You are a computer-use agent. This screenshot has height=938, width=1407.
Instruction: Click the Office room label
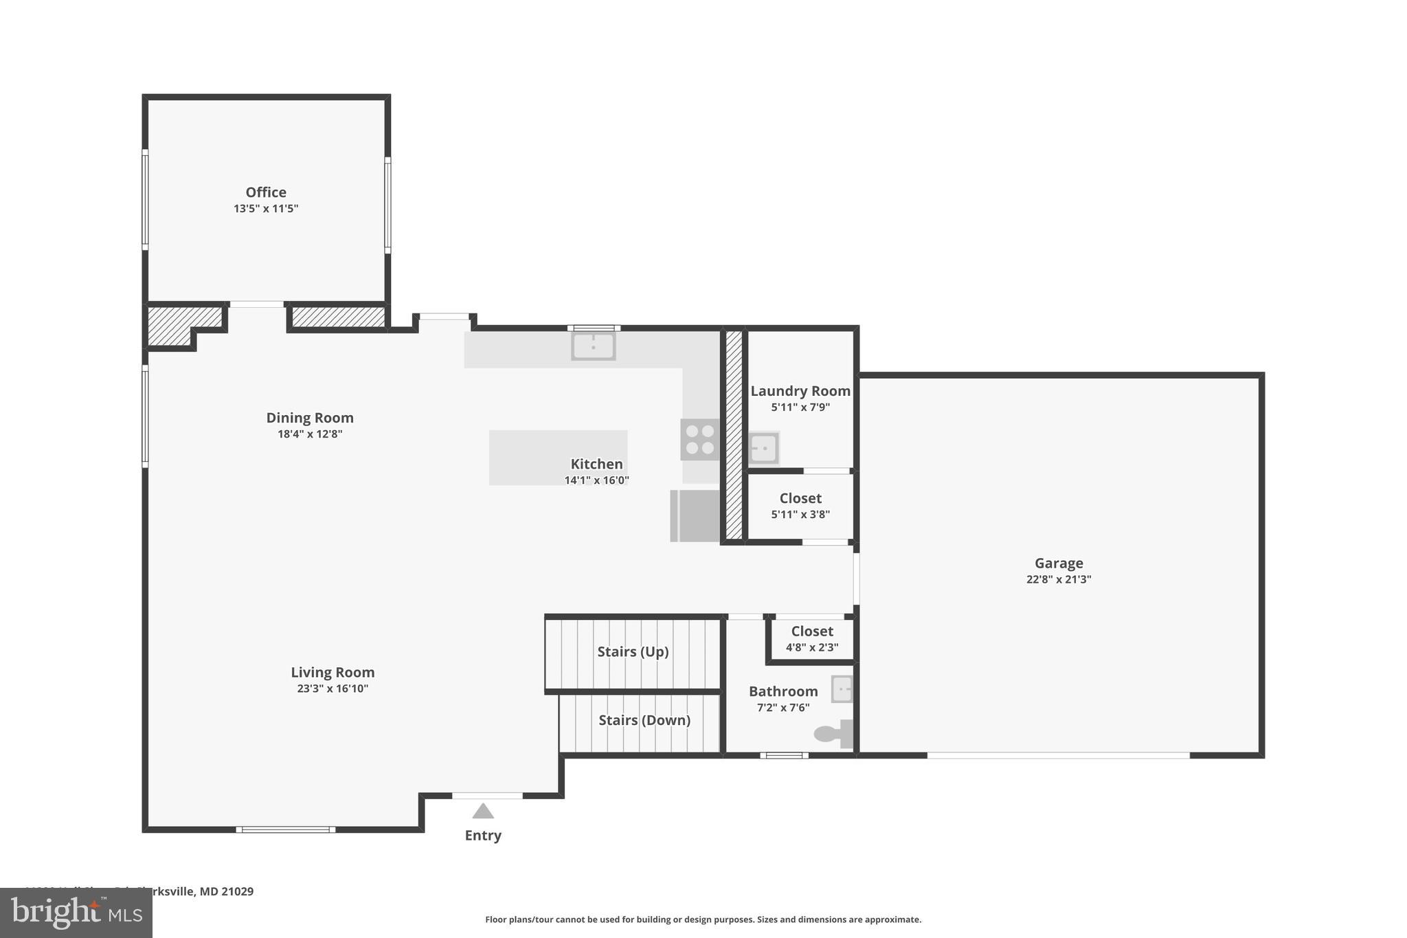pyautogui.click(x=266, y=192)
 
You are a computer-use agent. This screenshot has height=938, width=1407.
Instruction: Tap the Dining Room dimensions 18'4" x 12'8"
pyautogui.click(x=310, y=434)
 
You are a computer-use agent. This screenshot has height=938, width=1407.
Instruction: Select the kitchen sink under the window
pyautogui.click(x=593, y=346)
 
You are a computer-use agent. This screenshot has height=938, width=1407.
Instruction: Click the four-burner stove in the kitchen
pyautogui.click(x=699, y=440)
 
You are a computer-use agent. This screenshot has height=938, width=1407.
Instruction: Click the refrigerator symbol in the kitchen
pyautogui.click(x=695, y=515)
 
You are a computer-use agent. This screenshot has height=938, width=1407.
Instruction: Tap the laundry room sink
pyautogui.click(x=763, y=449)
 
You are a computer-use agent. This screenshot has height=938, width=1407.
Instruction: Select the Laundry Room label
pyautogui.click(x=800, y=391)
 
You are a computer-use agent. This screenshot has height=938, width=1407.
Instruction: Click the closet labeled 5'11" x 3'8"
pyautogui.click(x=800, y=506)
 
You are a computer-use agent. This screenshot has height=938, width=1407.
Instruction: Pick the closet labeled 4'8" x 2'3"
pyautogui.click(x=812, y=638)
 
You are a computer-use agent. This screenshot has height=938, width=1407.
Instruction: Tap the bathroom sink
pyautogui.click(x=842, y=689)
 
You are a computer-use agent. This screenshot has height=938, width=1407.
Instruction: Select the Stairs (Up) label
pyautogui.click(x=633, y=651)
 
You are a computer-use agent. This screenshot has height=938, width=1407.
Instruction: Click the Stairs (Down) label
pyautogui.click(x=644, y=720)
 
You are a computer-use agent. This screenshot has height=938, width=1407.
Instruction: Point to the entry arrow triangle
pyautogui.click(x=483, y=812)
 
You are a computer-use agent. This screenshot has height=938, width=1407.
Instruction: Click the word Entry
pyautogui.click(x=483, y=836)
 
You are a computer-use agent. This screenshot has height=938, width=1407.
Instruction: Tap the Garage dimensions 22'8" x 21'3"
pyautogui.click(x=1059, y=579)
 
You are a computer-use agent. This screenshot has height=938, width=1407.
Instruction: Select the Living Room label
pyautogui.click(x=333, y=673)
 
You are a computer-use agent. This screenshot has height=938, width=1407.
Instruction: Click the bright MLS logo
pyautogui.click(x=76, y=913)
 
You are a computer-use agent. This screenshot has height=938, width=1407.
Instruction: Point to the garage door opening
pyautogui.click(x=1058, y=755)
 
